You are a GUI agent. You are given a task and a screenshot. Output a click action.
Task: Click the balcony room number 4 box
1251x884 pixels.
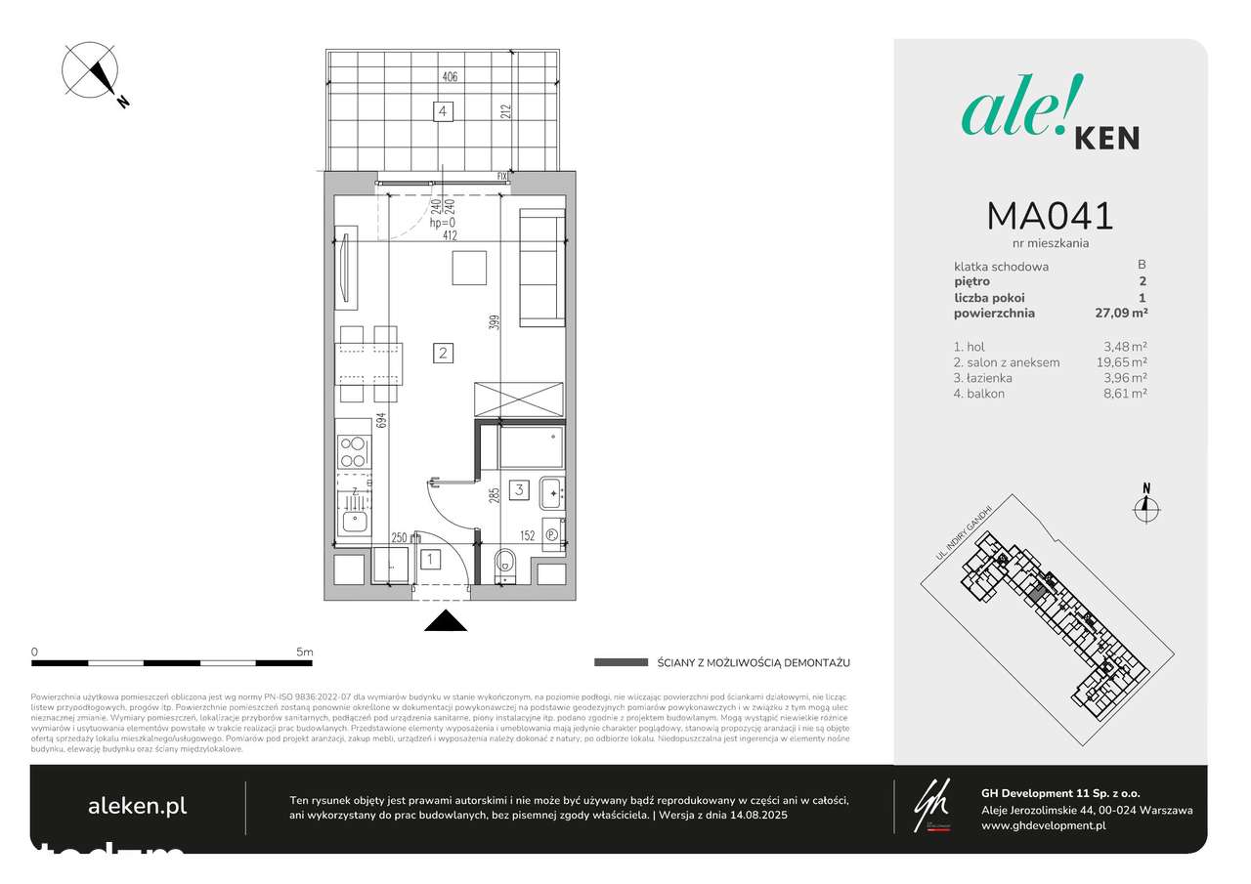[x=444, y=112]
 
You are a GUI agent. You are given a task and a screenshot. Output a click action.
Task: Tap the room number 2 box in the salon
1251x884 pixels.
[x=443, y=353]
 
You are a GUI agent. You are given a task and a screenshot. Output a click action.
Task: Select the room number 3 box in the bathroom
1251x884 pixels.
[x=521, y=490]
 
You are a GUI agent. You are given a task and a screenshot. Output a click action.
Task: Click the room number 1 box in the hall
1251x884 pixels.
[x=429, y=560]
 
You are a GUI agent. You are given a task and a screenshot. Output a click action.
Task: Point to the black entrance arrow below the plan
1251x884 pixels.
[x=445, y=621]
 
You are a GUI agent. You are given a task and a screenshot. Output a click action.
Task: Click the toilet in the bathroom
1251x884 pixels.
[x=506, y=564]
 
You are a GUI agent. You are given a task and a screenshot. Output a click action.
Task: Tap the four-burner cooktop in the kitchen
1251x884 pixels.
[x=353, y=451]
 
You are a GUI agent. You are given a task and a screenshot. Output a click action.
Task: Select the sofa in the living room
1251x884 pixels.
[x=541, y=267]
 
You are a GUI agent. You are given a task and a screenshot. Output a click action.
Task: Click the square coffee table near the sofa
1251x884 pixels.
[x=469, y=269]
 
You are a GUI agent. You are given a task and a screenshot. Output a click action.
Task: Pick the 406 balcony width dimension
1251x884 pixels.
[x=450, y=76]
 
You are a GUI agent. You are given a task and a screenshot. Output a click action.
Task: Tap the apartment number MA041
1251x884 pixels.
[x=1050, y=216]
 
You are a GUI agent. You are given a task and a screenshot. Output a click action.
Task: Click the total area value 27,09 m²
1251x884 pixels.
[x=1120, y=314]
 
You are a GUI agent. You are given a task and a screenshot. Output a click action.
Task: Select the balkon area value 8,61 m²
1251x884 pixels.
[x=1124, y=394]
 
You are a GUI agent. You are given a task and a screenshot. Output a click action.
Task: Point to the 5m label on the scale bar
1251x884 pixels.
[x=304, y=652]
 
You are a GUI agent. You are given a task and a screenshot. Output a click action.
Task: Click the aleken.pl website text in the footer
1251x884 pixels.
[x=137, y=806]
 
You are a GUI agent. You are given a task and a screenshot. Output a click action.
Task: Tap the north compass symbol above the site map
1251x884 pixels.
[x=1146, y=504]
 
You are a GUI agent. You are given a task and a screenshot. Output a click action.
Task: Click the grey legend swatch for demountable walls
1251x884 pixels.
[x=621, y=662]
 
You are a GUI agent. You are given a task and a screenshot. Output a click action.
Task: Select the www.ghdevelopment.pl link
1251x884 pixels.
[x=1043, y=825]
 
